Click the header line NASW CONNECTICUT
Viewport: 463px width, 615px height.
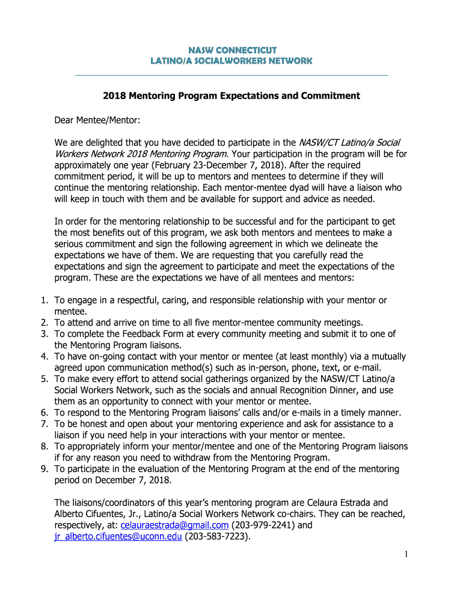click(x=231, y=49)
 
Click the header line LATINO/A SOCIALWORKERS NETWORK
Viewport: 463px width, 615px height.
click(x=231, y=61)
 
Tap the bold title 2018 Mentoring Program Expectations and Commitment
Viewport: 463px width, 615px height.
click(x=231, y=96)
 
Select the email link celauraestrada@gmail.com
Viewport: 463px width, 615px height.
click(x=174, y=526)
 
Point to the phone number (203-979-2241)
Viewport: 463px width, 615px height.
click(x=264, y=526)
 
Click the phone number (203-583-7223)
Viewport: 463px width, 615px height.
click(x=217, y=537)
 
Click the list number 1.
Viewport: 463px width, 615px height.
click(x=43, y=300)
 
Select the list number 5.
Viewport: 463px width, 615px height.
click(x=43, y=379)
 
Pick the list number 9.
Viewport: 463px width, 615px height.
click(x=43, y=469)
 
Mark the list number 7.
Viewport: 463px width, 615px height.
click(x=43, y=424)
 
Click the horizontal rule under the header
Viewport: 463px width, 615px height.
click(x=231, y=75)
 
